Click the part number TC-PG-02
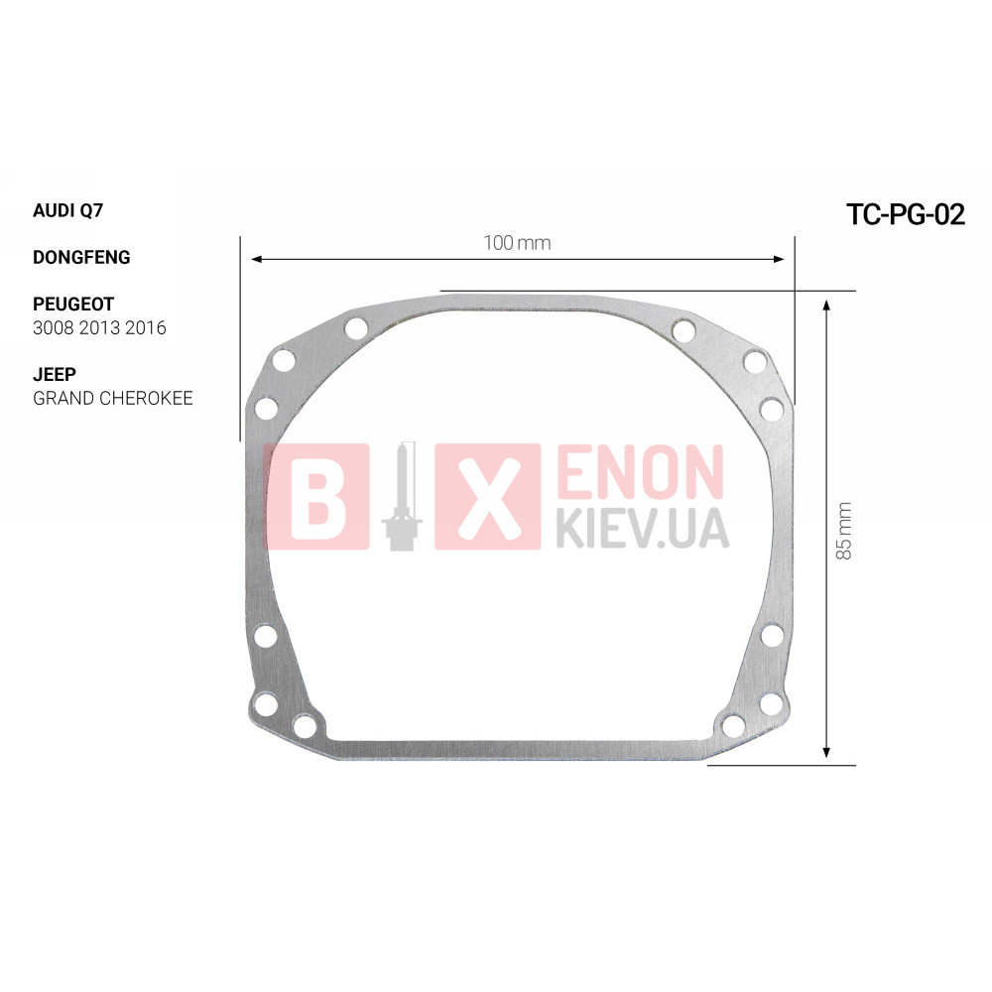[x=906, y=214]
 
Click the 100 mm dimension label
[x=517, y=243]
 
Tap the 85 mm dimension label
[x=844, y=530]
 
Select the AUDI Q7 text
[x=67, y=210]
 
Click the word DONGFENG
[x=81, y=258]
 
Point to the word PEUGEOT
[x=73, y=305]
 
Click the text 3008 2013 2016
[x=99, y=327]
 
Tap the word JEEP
[x=55, y=375]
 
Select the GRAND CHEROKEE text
[x=113, y=398]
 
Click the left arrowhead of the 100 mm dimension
[x=257, y=259]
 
